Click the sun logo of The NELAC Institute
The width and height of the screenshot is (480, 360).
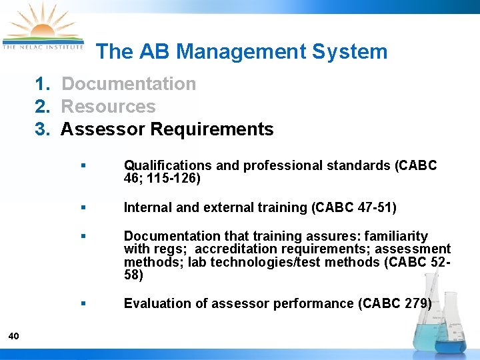(42, 25)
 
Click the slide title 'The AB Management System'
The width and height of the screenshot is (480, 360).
(241, 51)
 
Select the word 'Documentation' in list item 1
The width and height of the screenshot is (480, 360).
(129, 84)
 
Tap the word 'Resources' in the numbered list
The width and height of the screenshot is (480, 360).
(108, 107)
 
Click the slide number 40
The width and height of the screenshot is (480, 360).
(14, 335)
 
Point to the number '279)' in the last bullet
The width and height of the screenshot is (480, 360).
(417, 303)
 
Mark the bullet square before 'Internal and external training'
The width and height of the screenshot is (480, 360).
(82, 207)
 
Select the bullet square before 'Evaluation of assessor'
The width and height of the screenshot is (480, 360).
(82, 303)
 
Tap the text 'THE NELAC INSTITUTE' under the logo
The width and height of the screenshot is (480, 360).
(43, 47)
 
